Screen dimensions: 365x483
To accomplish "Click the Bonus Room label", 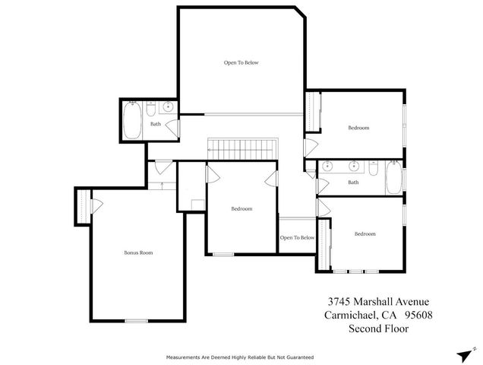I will coord(134,252).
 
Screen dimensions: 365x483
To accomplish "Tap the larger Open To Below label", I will coord(241,62).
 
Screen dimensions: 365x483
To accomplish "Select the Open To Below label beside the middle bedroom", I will coord(297,238).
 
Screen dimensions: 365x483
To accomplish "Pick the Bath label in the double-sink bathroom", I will coord(353,182).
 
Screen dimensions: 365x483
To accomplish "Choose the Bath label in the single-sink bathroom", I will coord(156,124).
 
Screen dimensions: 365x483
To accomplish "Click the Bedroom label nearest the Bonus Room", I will coord(241,209).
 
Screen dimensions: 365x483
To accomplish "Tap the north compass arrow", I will coord(464,354).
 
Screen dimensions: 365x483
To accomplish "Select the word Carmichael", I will coord(346,315).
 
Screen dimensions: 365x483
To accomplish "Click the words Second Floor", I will coord(378,329).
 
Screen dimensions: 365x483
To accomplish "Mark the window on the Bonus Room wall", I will coord(137,321).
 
